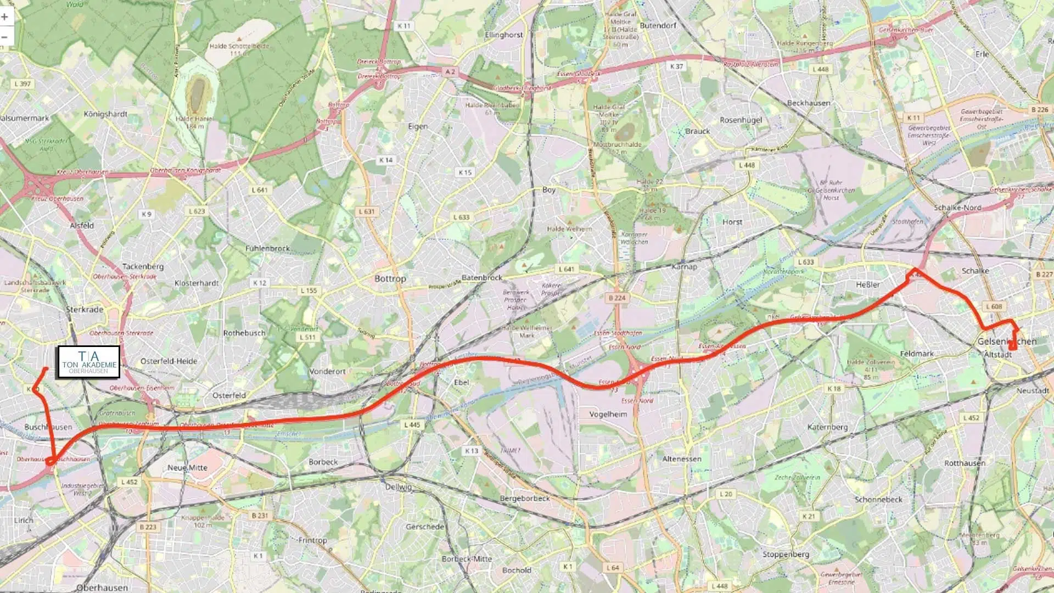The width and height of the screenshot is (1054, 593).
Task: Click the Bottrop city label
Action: [390, 279]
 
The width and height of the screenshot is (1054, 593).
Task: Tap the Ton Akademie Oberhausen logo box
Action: [89, 362]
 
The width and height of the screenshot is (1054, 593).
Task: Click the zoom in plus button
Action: [5, 16]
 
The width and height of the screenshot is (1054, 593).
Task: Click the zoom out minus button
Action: [5, 37]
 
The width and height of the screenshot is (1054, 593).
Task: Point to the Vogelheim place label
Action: [608, 415]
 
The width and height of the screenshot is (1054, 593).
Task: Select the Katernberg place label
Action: [827, 427]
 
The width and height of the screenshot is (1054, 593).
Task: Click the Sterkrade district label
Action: [85, 310]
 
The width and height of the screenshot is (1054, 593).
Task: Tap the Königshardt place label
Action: [105, 114]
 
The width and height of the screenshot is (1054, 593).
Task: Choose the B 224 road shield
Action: [617, 298]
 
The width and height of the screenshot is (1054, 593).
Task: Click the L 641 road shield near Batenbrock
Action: [566, 269]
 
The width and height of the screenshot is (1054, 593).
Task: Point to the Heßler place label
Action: [867, 284]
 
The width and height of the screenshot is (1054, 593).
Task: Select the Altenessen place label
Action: [682, 459]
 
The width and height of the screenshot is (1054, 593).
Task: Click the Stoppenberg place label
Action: [786, 555]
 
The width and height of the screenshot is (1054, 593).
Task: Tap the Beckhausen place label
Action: [809, 103]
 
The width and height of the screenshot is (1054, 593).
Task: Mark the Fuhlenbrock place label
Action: [267, 249]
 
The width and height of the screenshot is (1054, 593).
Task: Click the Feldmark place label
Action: [917, 354]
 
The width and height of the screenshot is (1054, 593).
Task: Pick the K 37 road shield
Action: [677, 66]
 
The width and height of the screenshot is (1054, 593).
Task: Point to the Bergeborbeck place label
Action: [525, 499]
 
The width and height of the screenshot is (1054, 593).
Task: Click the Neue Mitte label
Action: [187, 468]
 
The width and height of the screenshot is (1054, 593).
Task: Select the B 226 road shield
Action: [1040, 110]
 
